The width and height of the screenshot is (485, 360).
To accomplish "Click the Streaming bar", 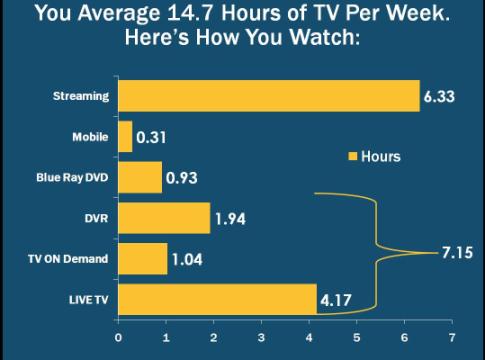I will (268, 96).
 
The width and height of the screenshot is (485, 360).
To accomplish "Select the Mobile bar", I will (125, 137).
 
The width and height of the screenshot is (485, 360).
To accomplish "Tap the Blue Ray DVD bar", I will (140, 178).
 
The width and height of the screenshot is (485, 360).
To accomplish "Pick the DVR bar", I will (164, 218).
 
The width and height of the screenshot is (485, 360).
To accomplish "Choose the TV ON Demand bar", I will (143, 259).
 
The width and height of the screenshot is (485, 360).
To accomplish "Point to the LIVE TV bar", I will (217, 299).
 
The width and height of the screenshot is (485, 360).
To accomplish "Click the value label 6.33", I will (440, 97).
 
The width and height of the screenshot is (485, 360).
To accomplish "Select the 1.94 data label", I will (233, 219).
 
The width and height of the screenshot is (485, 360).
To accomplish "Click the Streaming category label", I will (81, 97).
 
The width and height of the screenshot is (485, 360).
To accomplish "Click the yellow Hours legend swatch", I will (351, 157).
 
